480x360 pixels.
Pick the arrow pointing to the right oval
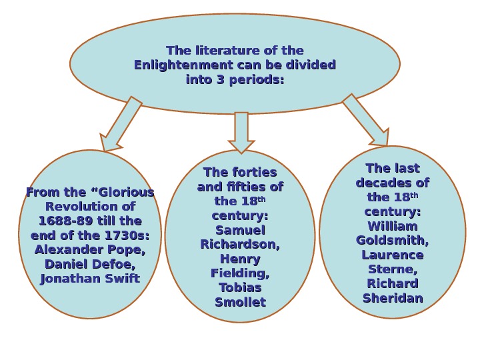(x=366, y=120)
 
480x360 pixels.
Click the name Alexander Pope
(x=90, y=250)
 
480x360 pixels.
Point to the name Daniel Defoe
(x=90, y=265)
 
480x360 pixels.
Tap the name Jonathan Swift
(x=90, y=279)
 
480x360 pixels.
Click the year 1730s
(x=127, y=235)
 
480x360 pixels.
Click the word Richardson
(x=240, y=245)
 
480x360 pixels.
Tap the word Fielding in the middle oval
(x=240, y=273)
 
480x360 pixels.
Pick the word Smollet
(x=240, y=303)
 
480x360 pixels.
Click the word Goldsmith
(x=393, y=241)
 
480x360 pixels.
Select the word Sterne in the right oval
(x=393, y=269)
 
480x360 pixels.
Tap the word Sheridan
(x=393, y=298)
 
